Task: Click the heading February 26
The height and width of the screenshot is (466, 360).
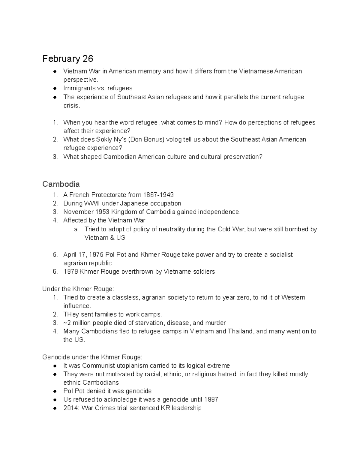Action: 67,59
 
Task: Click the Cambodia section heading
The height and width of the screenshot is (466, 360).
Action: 61,184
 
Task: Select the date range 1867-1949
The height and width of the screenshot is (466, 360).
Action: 158,195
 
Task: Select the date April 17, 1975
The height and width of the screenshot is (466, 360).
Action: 83,255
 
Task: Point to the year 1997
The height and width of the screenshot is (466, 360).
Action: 211,399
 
